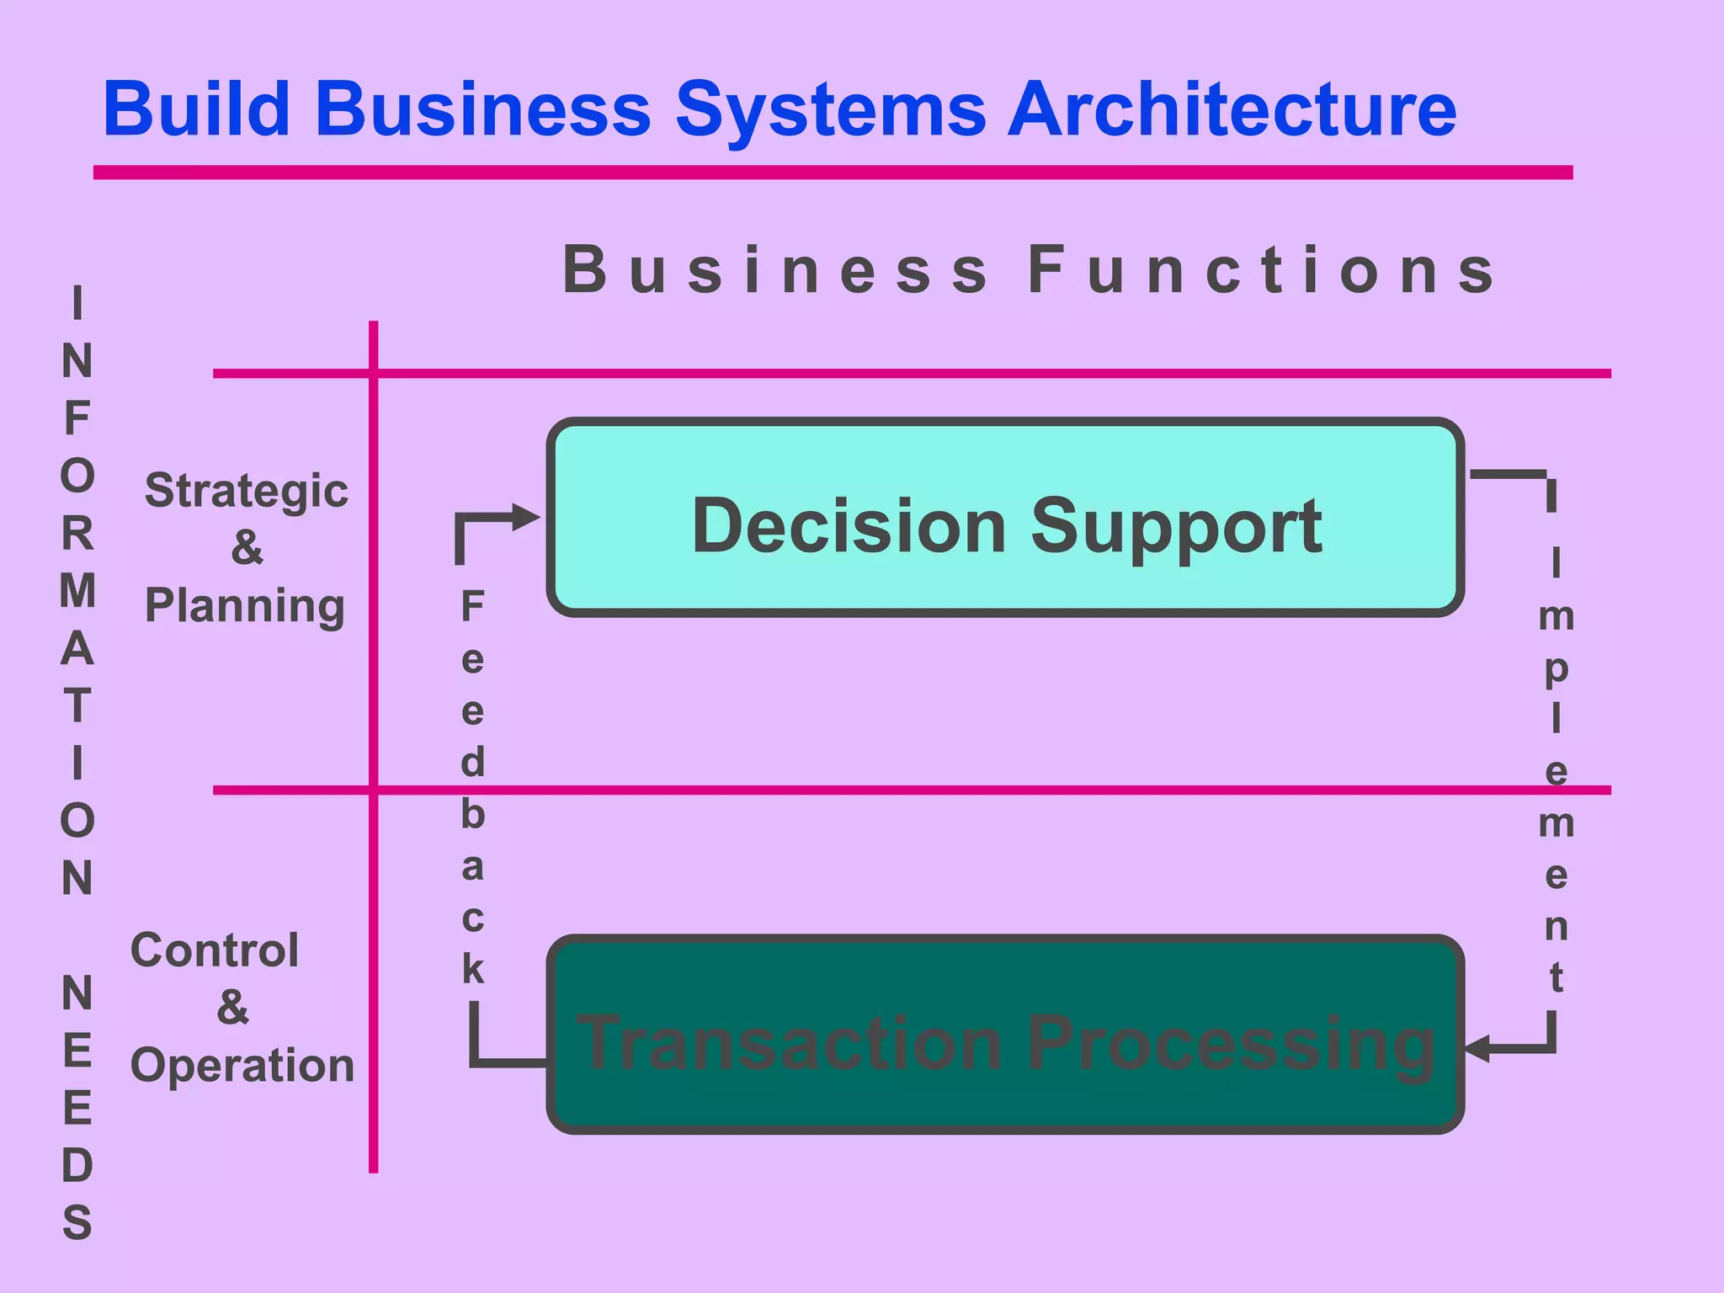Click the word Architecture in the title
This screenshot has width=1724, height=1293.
tap(1232, 109)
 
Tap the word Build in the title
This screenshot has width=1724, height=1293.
tap(197, 109)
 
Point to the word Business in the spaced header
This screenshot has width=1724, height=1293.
tap(775, 271)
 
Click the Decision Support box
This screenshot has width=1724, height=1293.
tap(1005, 518)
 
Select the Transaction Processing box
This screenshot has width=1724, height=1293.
tap(1005, 1035)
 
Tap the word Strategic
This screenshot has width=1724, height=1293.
tap(246, 491)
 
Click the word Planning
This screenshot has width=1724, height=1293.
tap(245, 605)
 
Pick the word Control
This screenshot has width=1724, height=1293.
tap(215, 950)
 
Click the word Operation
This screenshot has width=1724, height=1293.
tap(242, 1065)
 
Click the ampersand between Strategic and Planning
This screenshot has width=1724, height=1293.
tap(247, 548)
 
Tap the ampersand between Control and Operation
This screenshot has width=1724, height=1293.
tap(232, 1007)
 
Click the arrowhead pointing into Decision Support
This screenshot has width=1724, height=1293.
tap(527, 518)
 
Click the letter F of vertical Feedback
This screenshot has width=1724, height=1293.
tap(472, 606)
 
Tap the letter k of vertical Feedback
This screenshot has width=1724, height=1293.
tap(473, 970)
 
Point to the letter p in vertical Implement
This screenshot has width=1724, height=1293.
tap(1556, 669)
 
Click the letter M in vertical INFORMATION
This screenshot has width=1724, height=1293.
tap(77, 591)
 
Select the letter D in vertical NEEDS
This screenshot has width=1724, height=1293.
tap(77, 1166)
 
